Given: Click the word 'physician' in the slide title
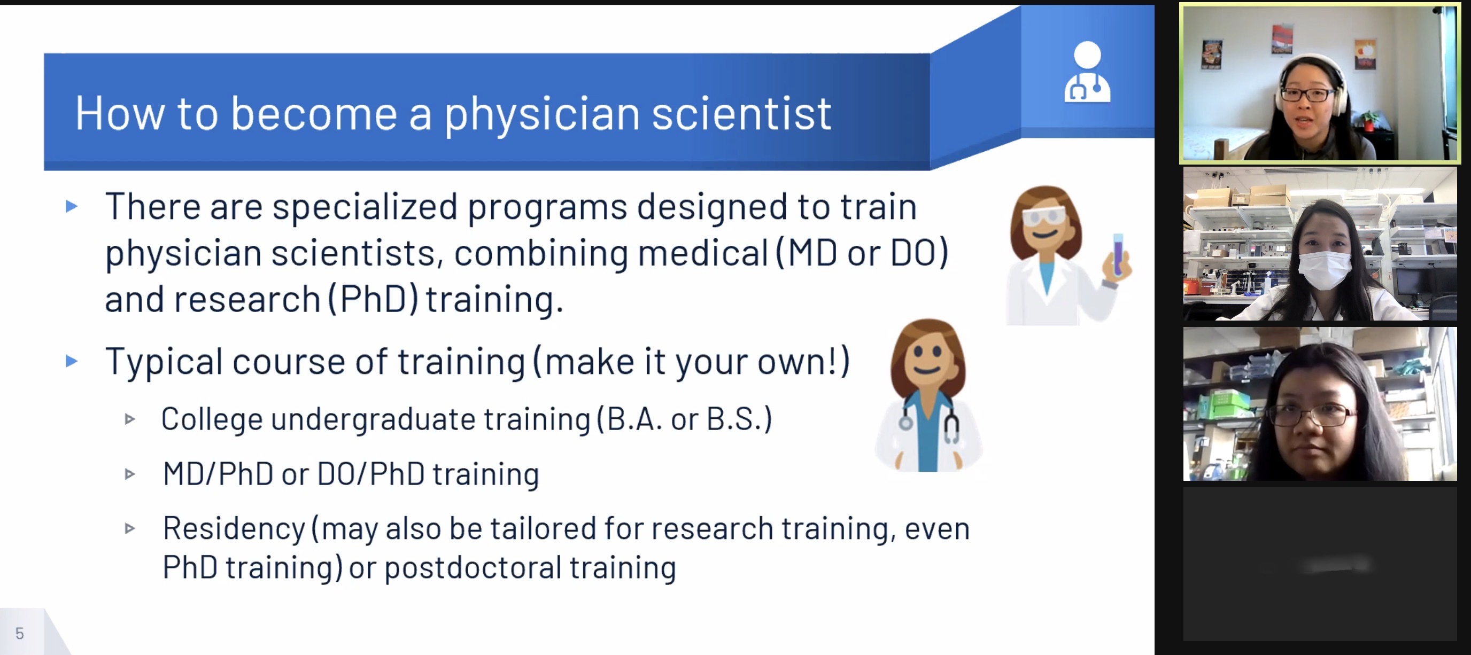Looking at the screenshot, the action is click(542, 115).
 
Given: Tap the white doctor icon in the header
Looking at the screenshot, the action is click(1087, 72).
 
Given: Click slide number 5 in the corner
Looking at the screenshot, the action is click(19, 633).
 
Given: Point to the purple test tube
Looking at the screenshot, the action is click(1118, 254).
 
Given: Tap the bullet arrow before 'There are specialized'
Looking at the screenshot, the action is click(72, 206).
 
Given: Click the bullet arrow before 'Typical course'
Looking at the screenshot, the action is click(72, 361).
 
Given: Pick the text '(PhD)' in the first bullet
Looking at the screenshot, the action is click(374, 299).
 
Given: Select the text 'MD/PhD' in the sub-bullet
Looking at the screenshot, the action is click(218, 473).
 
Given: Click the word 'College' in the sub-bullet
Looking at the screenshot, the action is click(212, 419).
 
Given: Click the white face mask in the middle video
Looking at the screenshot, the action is click(1325, 269).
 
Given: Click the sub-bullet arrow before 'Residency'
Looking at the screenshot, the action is click(130, 528).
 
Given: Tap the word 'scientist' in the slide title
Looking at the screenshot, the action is click(741, 114).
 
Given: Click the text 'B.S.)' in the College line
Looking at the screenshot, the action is click(739, 419).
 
